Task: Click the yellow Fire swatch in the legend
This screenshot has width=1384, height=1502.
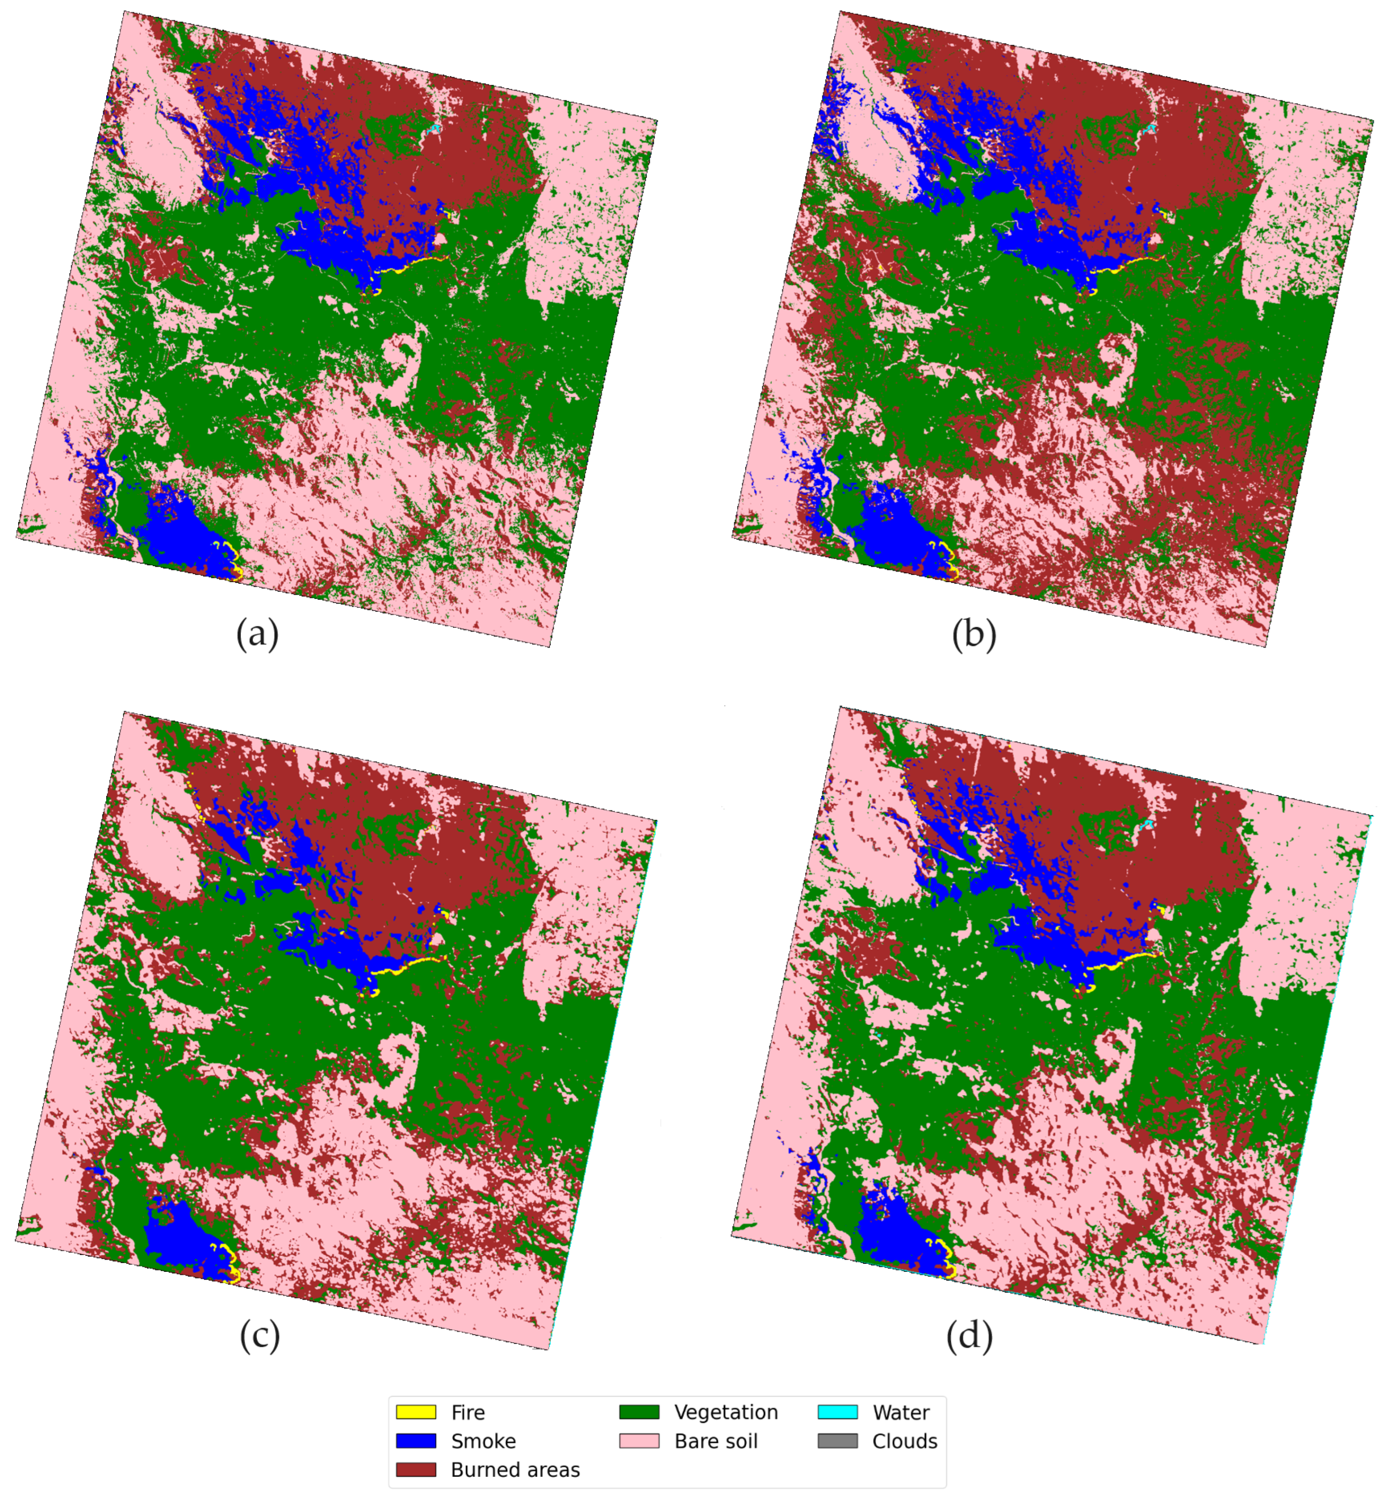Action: (x=416, y=1412)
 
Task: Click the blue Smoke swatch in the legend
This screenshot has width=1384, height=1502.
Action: (x=416, y=1440)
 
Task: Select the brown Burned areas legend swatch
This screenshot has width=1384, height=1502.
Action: (x=416, y=1469)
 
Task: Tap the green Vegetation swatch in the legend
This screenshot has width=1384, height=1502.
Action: (x=639, y=1412)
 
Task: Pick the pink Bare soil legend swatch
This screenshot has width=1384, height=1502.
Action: (x=639, y=1440)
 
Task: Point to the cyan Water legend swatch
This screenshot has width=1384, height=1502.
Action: (x=837, y=1412)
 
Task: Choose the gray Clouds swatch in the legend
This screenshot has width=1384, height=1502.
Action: (x=837, y=1440)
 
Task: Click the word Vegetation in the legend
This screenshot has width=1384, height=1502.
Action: (x=726, y=1412)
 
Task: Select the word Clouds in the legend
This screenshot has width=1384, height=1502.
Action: (x=904, y=1440)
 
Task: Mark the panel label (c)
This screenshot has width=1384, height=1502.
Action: (x=259, y=1335)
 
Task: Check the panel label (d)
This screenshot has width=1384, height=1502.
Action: (x=969, y=1335)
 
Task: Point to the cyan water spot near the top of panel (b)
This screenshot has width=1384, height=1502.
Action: (x=1148, y=129)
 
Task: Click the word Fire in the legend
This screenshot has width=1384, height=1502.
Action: (x=468, y=1412)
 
